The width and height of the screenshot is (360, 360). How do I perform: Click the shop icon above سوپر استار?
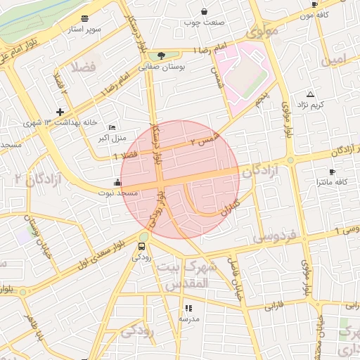[x=85, y=18]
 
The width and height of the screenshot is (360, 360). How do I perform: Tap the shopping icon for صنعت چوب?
[x=204, y=11]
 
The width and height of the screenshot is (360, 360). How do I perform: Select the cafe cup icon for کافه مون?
[x=314, y=4]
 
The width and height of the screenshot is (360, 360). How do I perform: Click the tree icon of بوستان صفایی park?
[x=162, y=56]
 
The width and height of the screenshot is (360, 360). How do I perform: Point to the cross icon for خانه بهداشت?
[x=60, y=112]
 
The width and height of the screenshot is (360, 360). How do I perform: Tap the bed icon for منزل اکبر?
[x=112, y=127]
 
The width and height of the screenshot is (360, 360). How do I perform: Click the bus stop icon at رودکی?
[x=143, y=246]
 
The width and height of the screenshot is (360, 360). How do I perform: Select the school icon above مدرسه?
[x=188, y=308]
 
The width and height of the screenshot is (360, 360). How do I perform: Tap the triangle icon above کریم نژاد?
[x=310, y=94]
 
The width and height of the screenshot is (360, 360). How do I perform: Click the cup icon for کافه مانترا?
[x=332, y=172]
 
